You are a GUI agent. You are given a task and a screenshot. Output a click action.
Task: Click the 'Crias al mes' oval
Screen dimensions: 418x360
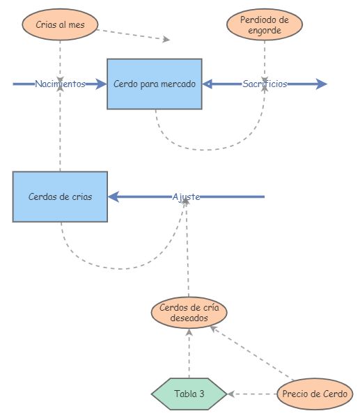tap(60, 25)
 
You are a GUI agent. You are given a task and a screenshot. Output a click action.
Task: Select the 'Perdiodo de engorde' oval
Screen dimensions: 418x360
tap(265, 25)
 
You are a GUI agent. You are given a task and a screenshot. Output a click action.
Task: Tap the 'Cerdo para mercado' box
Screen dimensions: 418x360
tap(155, 84)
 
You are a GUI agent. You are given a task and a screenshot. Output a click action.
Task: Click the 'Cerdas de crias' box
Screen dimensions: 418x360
tap(60, 196)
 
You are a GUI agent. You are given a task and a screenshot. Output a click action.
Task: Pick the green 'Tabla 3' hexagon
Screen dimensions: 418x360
tap(189, 394)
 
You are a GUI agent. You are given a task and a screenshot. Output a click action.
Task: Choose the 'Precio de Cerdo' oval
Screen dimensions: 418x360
tap(315, 394)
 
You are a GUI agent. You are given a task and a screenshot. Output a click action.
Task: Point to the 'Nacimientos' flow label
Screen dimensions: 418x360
tap(60, 84)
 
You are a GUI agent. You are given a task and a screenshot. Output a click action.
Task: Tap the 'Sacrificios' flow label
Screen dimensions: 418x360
tap(265, 84)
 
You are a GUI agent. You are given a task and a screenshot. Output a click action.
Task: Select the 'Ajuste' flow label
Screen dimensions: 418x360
tap(186, 197)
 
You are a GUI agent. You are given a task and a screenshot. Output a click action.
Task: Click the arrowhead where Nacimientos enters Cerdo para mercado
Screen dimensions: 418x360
tap(102, 84)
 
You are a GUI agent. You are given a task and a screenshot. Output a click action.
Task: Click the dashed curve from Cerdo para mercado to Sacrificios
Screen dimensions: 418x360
tap(209, 148)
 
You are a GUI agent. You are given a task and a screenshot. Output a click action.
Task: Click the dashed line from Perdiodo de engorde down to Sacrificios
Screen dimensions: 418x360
tap(265, 56)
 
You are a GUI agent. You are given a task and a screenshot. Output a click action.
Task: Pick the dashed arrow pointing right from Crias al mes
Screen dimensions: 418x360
tap(132, 34)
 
